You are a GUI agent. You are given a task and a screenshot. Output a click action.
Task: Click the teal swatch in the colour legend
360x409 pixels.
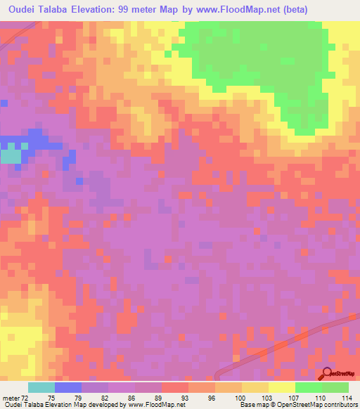(41, 387)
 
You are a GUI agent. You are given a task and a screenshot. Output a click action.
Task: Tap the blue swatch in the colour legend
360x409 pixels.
(68, 387)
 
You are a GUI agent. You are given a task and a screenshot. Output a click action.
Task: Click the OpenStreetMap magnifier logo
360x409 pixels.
(328, 374)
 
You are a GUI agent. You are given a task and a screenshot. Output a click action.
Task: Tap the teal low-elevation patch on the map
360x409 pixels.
(10, 155)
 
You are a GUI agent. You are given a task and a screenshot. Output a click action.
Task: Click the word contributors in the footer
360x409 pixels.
(338, 405)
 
